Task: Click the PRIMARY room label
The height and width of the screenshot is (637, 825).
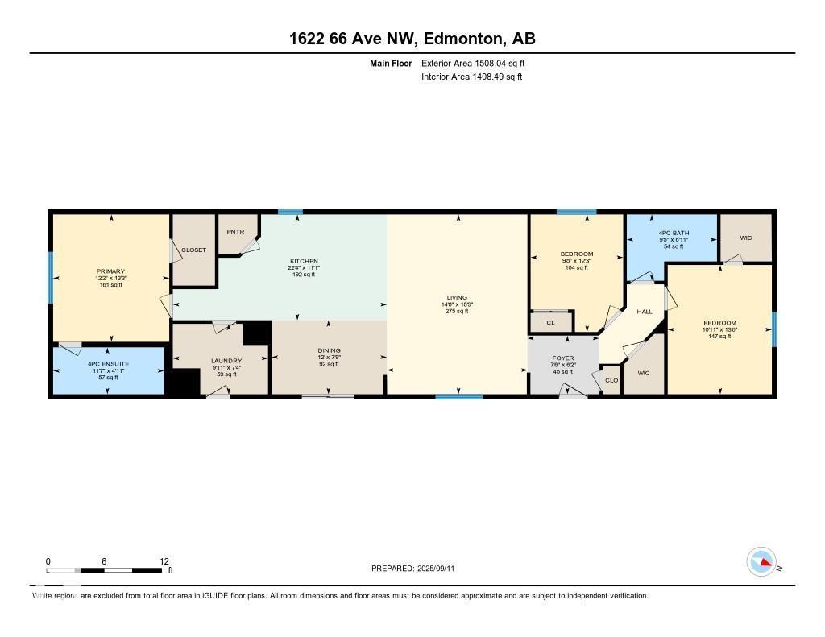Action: [x=110, y=271]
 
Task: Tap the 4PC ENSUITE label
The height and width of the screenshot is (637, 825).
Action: [x=109, y=364]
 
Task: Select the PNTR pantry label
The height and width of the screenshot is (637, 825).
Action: [x=235, y=231]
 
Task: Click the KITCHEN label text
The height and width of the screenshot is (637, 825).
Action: [x=304, y=261]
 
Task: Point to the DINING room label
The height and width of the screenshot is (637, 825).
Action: [x=330, y=351]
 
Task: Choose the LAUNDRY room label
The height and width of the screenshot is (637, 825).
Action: [x=226, y=361]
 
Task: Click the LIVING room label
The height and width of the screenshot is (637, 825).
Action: [x=458, y=297]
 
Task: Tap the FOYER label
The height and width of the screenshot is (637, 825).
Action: [x=563, y=358]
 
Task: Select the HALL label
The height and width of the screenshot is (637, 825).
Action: [x=645, y=311]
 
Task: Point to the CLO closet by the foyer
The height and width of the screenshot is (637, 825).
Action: [x=611, y=380]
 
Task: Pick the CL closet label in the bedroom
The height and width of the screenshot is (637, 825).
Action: [x=551, y=323]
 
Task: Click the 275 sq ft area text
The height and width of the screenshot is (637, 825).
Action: [x=458, y=311]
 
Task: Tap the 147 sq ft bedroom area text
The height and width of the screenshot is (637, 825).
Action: [x=719, y=337]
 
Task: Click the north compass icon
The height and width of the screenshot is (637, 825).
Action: [x=761, y=562]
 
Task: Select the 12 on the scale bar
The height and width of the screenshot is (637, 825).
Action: [x=164, y=561]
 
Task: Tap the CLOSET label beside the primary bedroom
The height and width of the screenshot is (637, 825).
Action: [x=193, y=250]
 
